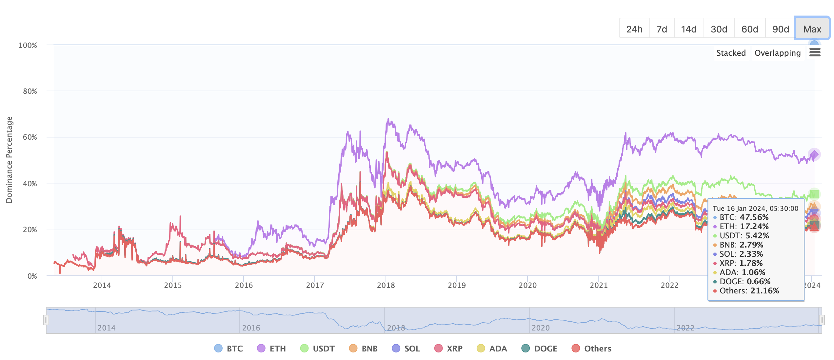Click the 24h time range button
[x=634, y=29]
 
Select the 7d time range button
[x=662, y=29]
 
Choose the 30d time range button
[x=719, y=29]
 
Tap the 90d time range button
[x=781, y=29]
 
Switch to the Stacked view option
[x=731, y=53]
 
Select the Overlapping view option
[x=777, y=53]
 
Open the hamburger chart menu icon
[x=815, y=52]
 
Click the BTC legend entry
[x=229, y=349]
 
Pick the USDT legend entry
[x=318, y=349]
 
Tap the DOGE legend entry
[x=540, y=349]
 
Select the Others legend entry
[x=592, y=349]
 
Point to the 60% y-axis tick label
[x=30, y=137]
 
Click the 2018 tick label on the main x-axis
[x=386, y=285]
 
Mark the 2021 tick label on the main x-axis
[x=599, y=285]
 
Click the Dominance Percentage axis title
[x=9, y=160]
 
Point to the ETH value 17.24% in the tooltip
[x=754, y=227]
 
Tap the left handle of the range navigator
[x=46, y=320]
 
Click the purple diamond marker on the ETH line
[x=814, y=154]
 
